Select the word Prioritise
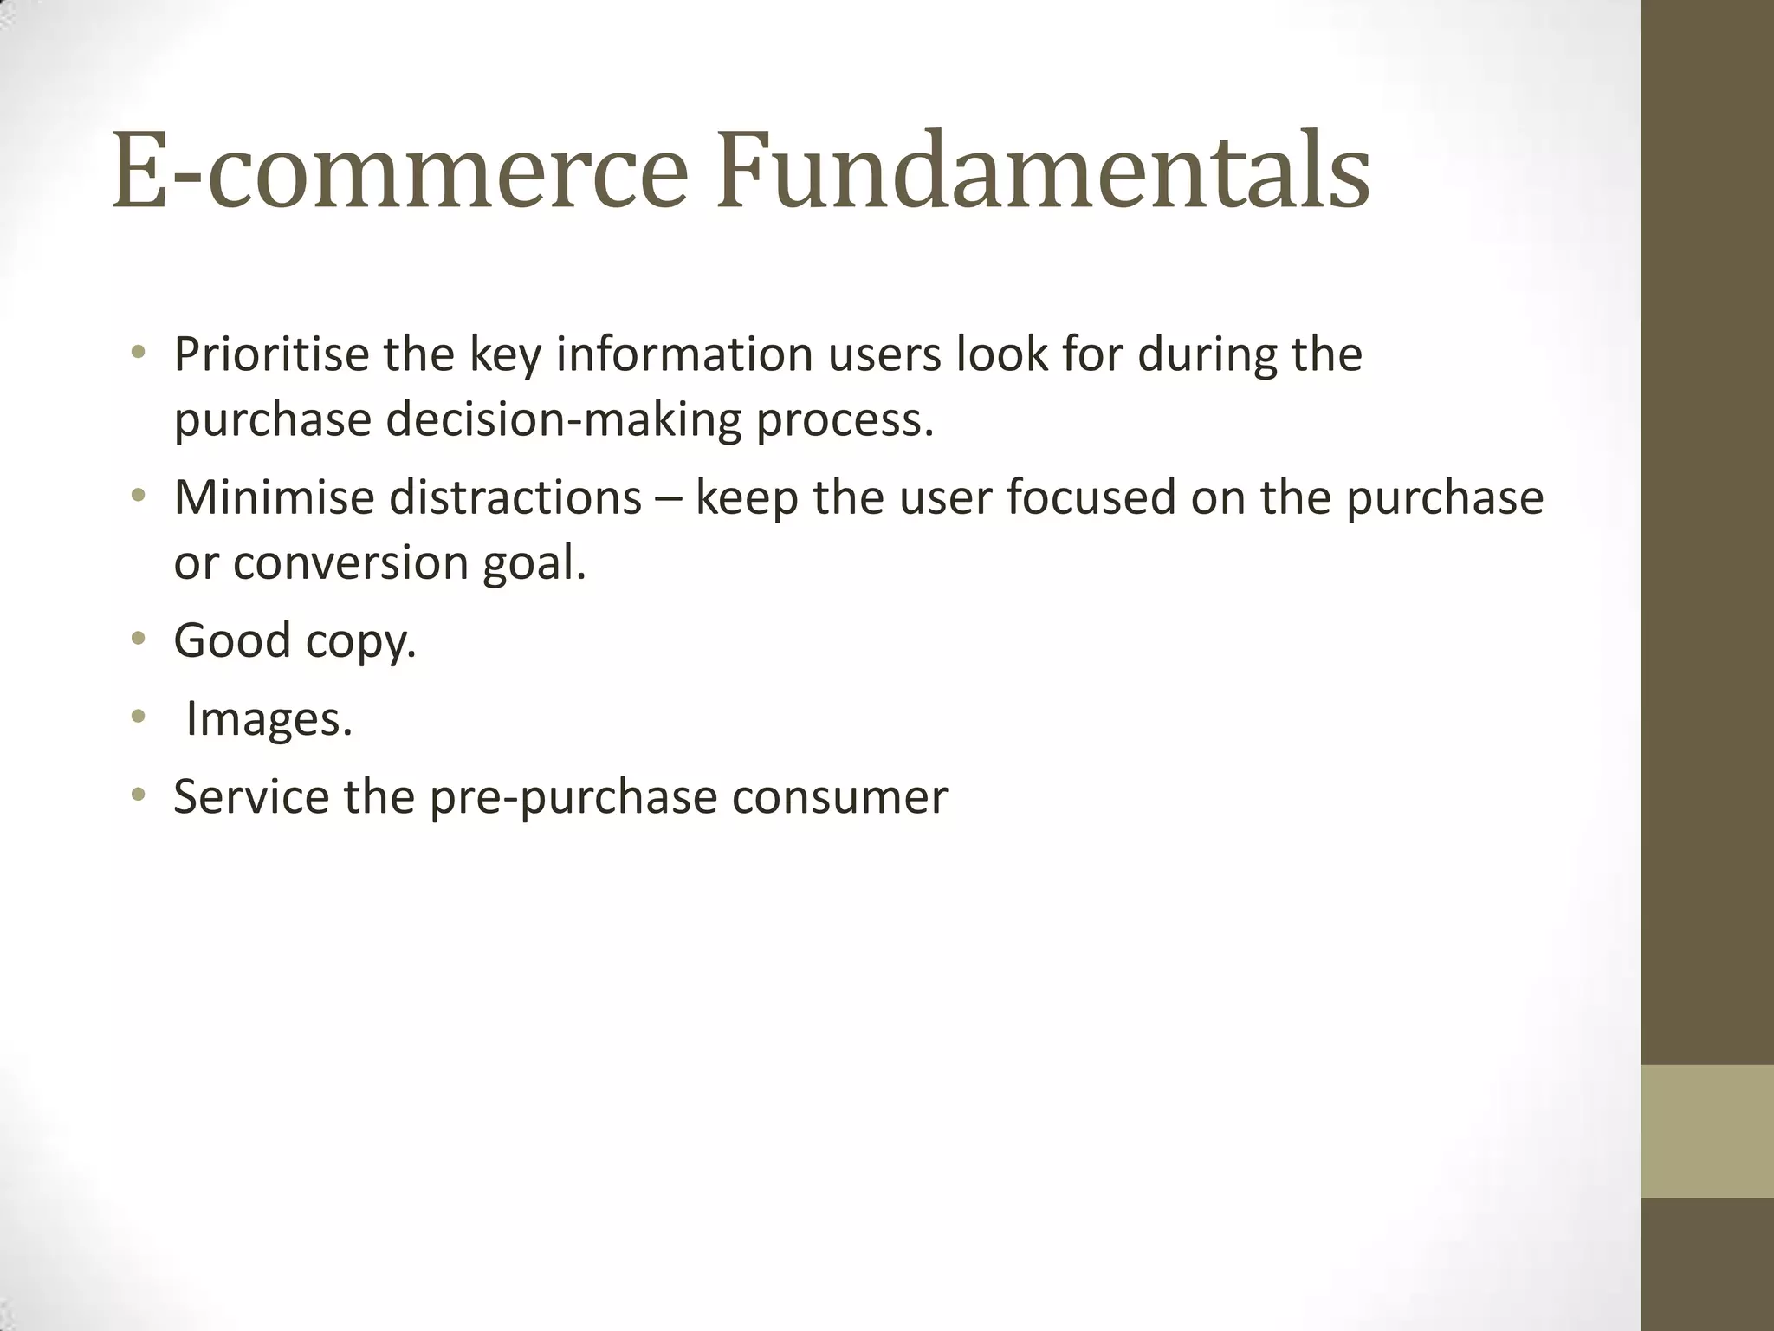[272, 354]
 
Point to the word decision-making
[564, 419]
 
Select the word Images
[269, 719]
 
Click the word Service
[251, 796]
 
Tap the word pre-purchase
[573, 798]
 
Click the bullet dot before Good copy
[138, 640]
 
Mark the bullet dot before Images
[138, 717]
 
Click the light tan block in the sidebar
[1707, 1131]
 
